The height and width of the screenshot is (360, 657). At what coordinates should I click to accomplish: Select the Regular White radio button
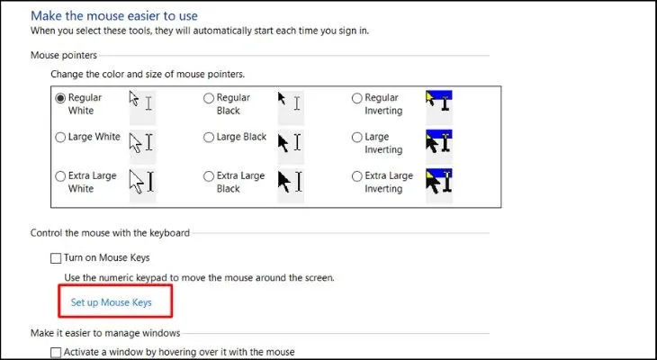(x=60, y=97)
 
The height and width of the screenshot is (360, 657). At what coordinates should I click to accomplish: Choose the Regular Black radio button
(x=209, y=97)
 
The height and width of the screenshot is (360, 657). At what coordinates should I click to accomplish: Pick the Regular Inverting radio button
(x=357, y=97)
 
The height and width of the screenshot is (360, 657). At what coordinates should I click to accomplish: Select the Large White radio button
(x=60, y=138)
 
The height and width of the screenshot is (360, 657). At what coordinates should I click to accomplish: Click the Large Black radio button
(x=209, y=138)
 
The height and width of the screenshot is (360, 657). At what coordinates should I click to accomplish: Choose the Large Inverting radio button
(x=357, y=138)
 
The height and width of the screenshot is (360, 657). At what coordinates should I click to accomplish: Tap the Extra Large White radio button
(x=60, y=175)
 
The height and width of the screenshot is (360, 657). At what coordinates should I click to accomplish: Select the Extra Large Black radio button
(x=209, y=175)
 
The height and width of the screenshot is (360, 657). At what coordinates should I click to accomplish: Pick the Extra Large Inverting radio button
(x=357, y=175)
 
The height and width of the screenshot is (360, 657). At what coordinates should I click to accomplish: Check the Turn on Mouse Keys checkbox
(x=57, y=258)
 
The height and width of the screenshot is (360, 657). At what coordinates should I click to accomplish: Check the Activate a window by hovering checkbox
(x=57, y=352)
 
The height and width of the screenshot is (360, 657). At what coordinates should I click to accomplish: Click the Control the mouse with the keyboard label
(x=110, y=232)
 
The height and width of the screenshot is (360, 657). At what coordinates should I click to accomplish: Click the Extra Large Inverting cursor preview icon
(x=438, y=183)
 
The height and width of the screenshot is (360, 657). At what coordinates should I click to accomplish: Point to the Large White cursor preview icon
(x=142, y=142)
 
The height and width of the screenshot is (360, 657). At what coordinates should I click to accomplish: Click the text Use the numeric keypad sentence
(x=199, y=278)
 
